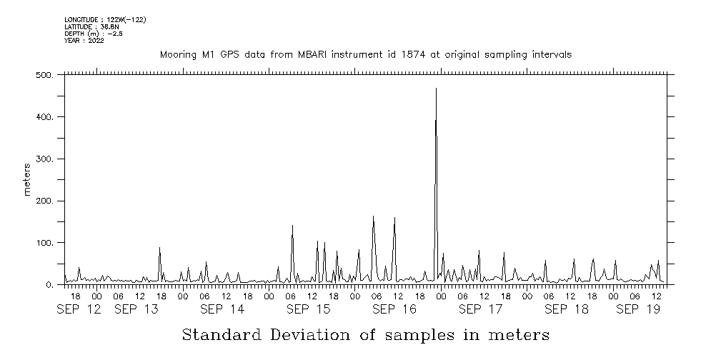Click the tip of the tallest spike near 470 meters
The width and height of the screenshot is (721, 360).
[436, 88]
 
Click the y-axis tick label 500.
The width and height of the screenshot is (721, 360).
[44, 75]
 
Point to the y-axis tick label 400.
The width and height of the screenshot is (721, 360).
[44, 117]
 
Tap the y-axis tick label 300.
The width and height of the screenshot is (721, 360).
[44, 159]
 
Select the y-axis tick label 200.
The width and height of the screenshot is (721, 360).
[44, 201]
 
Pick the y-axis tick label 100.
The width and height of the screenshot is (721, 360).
[44, 244]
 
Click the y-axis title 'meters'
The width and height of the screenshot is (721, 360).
[27, 180]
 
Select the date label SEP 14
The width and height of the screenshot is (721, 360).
[222, 310]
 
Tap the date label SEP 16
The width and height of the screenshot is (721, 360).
[394, 310]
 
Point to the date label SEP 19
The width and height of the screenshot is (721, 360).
[637, 310]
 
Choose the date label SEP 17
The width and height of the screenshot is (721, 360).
[480, 310]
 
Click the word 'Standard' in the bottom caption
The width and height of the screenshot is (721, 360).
[222, 335]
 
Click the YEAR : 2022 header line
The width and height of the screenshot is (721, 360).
[84, 41]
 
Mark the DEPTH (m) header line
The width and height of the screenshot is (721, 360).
[89, 34]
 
